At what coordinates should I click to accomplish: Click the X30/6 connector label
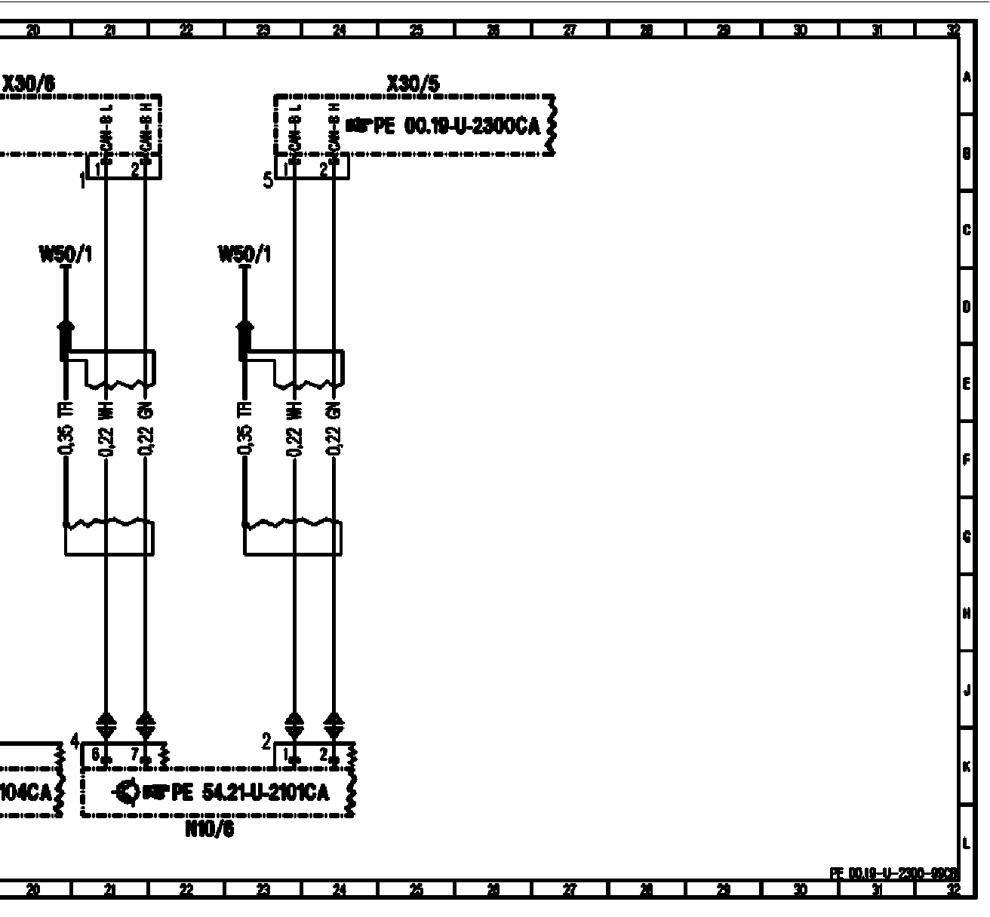pos(29,83)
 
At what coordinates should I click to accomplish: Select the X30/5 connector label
pos(412,83)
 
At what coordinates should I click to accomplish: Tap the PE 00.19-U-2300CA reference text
pos(457,126)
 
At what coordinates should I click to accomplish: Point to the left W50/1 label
pos(66,255)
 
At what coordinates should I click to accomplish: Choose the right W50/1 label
pos(244,255)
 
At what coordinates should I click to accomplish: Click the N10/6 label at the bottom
pos(209,830)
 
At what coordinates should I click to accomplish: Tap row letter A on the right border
pos(967,78)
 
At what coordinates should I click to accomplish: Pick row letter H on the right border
pos(967,613)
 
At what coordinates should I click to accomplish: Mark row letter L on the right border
pos(967,843)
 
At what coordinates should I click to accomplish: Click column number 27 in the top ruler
pos(570,30)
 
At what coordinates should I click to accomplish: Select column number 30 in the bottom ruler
pos(800,891)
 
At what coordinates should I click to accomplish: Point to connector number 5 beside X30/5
pos(268,180)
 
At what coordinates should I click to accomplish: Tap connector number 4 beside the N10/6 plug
pos(74,741)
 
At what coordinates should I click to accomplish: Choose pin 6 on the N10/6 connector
pos(96,753)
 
